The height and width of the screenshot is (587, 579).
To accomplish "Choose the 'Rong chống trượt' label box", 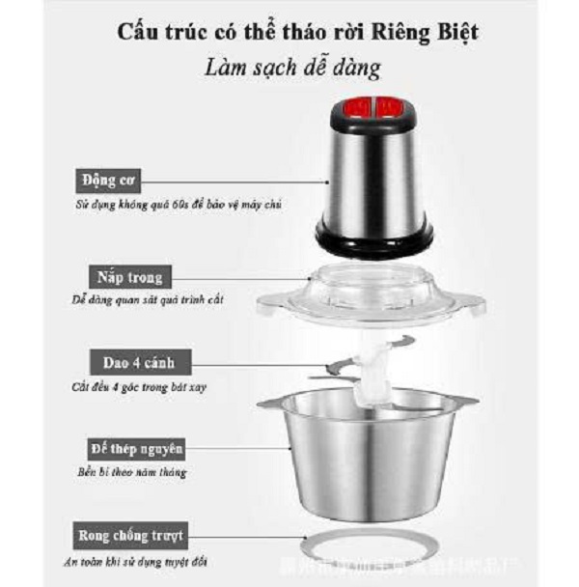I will (x=129, y=534).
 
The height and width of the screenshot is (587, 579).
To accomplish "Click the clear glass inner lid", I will (x=371, y=289).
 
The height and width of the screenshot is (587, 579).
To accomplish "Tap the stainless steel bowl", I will (x=372, y=459).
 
